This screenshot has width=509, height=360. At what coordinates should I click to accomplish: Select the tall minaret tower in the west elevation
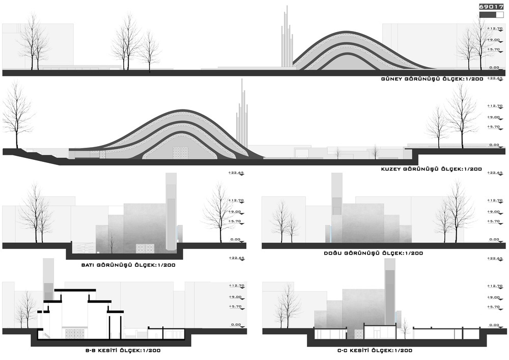(171, 211)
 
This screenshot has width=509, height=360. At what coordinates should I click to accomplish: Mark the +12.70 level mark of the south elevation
(494, 30)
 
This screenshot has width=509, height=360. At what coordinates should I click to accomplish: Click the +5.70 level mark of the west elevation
(235, 221)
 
